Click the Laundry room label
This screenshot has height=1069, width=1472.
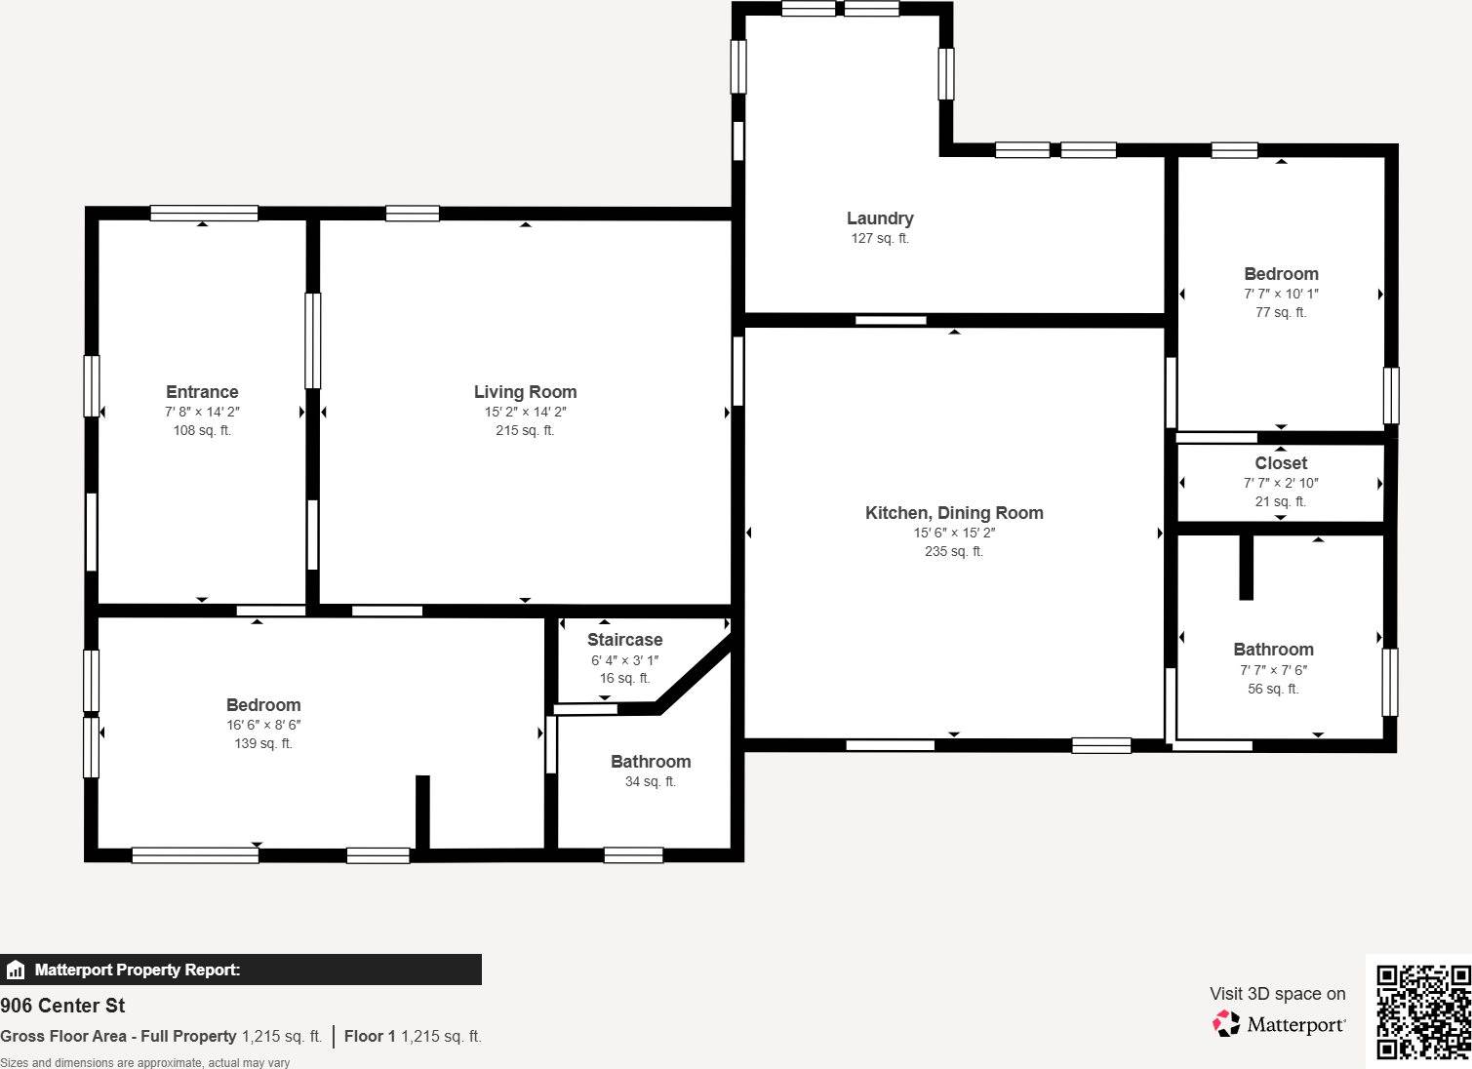coord(880,218)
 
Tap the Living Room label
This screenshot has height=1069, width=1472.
coord(525,392)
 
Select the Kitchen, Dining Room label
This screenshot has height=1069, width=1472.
coord(954,513)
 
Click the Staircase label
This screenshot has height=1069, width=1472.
coord(624,640)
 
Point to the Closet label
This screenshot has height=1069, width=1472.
coord(1281,463)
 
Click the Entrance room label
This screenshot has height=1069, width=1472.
coord(202,392)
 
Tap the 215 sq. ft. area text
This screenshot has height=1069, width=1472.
coord(525,430)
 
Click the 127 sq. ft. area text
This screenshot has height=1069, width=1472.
coord(880,238)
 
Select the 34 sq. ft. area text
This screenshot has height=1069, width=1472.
coord(651,781)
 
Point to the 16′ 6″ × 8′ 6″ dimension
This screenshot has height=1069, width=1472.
coord(263,725)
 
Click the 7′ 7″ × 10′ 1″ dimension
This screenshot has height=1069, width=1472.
coord(1281,294)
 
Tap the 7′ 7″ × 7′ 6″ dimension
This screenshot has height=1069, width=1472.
coord(1273,670)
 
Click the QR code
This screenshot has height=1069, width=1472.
coord(1422,1011)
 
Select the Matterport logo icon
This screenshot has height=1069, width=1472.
coord(1226,1023)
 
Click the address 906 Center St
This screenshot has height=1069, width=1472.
coord(62,1006)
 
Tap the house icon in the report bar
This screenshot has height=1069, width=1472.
coord(16,970)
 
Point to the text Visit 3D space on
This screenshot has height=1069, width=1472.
coord(1277,994)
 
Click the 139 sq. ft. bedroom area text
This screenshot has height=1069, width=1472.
coord(263,743)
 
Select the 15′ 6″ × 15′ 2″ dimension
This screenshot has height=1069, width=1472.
coord(954,533)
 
